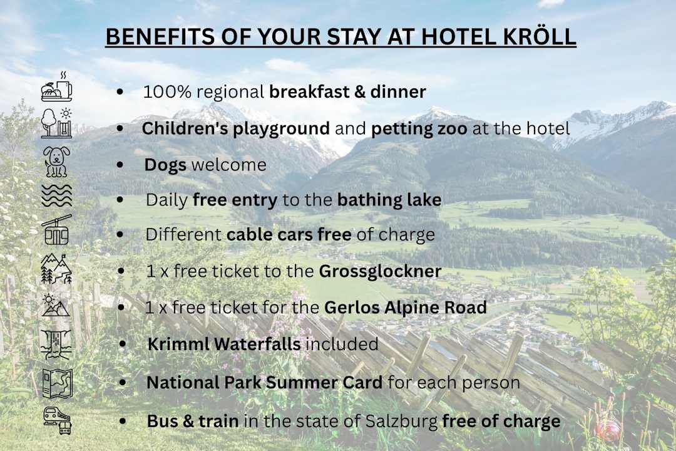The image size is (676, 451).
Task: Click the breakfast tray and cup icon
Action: [56, 87]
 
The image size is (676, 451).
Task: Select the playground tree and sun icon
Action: [56, 123]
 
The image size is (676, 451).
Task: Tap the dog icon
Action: [56, 162]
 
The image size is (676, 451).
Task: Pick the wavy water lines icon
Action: [56, 196]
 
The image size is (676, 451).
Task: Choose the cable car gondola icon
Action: [56, 230]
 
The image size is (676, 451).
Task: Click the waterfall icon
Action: [56, 343]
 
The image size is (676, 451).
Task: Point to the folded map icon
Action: [56, 383]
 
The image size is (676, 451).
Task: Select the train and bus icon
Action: [56, 420]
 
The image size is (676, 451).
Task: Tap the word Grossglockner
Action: [380, 272]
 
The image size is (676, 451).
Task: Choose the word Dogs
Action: [165, 165]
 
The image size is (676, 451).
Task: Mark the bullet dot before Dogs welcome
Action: [120, 165]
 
